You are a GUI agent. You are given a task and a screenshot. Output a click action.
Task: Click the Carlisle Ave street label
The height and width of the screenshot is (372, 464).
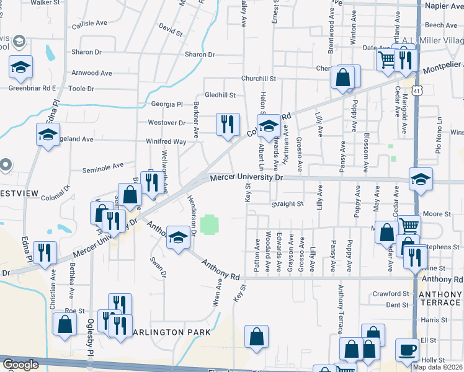[x=89, y=24]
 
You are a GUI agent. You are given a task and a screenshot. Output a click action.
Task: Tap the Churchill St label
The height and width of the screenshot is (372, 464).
[x=259, y=79]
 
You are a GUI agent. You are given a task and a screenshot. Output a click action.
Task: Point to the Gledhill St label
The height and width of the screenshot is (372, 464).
[x=221, y=95]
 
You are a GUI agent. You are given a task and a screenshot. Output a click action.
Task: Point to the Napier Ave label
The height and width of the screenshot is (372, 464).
[x=444, y=5]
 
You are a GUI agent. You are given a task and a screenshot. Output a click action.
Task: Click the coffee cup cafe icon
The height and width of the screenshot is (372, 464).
[x=407, y=349]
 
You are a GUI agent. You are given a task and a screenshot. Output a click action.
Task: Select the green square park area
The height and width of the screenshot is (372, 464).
[x=210, y=224]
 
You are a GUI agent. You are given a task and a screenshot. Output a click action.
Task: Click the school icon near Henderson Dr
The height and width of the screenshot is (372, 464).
[x=178, y=238]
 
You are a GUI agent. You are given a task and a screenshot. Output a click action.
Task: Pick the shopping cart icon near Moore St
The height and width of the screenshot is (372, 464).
[x=409, y=226]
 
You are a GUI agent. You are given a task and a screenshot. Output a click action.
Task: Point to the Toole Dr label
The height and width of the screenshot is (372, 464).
[x=81, y=89]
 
